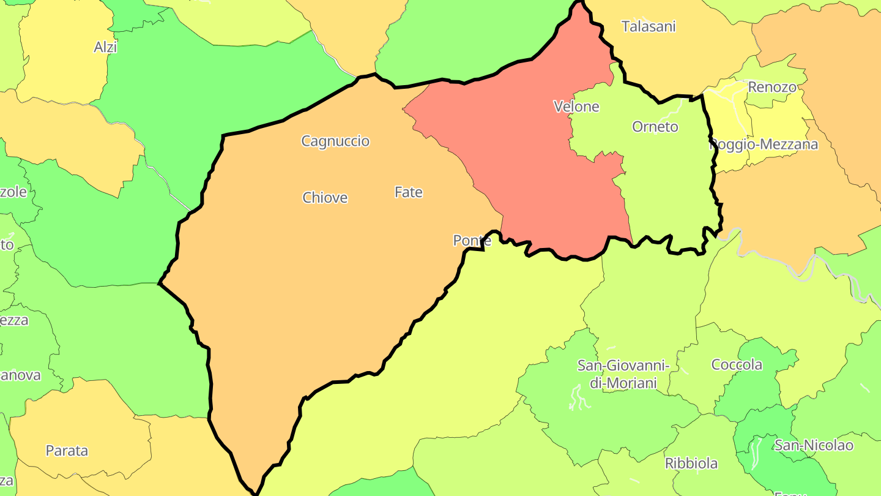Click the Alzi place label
tap(105, 47)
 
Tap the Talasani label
tap(649, 26)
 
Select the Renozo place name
tap(772, 87)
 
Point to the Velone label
tap(576, 107)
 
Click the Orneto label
tap(655, 127)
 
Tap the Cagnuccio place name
tap(335, 141)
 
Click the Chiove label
tap(325, 198)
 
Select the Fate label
tap(409, 192)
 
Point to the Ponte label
tap(472, 241)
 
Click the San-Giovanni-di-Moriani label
tap(623, 374)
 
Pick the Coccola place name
tap(737, 365)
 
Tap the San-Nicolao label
tap(814, 445)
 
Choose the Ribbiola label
tap(691, 464)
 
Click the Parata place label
tap(67, 451)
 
